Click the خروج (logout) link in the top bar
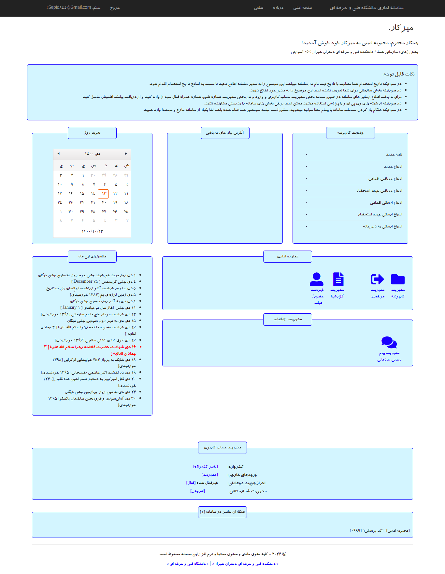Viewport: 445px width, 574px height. click(115, 8)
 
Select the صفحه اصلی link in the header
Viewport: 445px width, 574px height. click(302, 8)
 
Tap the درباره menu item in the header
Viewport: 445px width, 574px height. click(278, 8)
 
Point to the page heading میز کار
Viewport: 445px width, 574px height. click(401, 28)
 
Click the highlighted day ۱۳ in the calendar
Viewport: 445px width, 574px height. click(104, 194)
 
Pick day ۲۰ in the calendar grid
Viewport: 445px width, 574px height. click(104, 202)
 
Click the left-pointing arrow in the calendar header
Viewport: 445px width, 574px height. click(58, 154)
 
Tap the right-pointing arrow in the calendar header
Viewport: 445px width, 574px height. click(126, 154)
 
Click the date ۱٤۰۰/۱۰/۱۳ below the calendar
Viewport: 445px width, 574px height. click(92, 231)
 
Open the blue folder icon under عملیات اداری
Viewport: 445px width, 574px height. click(398, 279)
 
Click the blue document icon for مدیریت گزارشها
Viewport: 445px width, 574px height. click(338, 279)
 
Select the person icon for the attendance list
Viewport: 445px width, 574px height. click(317, 279)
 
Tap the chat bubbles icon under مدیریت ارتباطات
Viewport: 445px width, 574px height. click(389, 342)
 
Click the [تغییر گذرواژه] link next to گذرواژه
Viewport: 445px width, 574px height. click(205, 467)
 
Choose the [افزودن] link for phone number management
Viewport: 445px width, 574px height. click(197, 491)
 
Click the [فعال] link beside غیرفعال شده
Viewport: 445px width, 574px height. click(191, 483)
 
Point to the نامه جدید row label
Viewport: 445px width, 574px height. click(394, 155)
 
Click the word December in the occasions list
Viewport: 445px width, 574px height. click(83, 281)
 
